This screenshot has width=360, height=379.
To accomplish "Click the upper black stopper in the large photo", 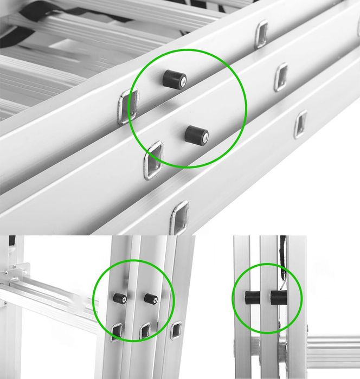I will pos(174,79).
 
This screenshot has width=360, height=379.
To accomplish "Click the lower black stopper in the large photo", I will pos(196,134).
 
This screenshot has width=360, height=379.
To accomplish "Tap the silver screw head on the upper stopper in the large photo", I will pos(183,82).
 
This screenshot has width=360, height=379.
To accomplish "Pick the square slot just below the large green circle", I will pos(154,159).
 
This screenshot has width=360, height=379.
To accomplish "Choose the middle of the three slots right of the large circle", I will pos(281,76).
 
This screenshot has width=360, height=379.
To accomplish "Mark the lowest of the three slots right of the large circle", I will pos(300,124).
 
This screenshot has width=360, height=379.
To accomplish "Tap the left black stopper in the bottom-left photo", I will pos(120,298).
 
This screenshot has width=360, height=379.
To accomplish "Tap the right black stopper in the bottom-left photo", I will pos(150,298).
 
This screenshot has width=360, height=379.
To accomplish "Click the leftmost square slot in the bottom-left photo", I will pos(117,331).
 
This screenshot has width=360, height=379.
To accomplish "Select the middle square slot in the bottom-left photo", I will pos(145,330).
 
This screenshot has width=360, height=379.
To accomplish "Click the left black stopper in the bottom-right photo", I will pos(251,298).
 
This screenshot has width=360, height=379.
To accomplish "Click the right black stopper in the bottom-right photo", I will pos(279,298).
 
